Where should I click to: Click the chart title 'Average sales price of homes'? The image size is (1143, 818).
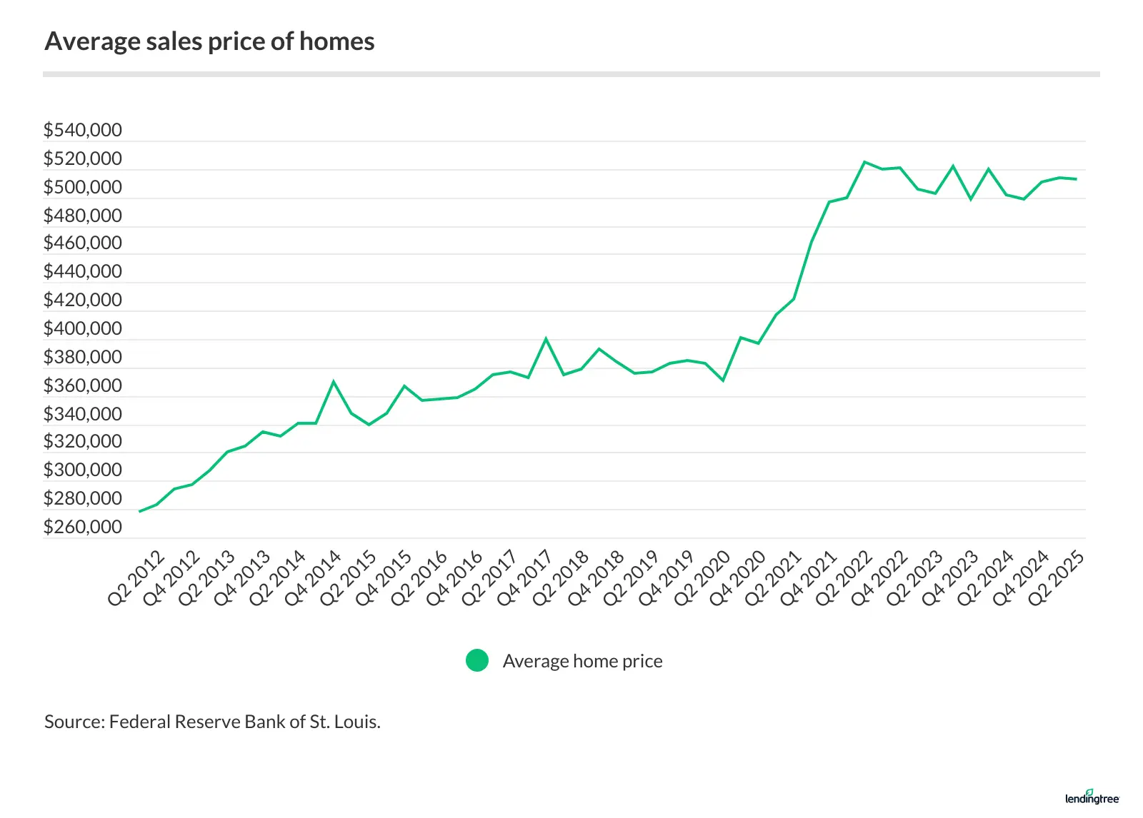click(x=209, y=41)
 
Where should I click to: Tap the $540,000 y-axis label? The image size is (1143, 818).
click(x=82, y=130)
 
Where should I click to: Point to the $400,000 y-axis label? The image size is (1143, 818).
click(x=82, y=328)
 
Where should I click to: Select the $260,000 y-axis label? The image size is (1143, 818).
click(x=82, y=527)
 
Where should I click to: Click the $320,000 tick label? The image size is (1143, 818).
click(x=82, y=441)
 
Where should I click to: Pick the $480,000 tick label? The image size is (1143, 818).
click(x=82, y=216)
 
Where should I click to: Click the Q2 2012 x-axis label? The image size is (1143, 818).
click(x=136, y=578)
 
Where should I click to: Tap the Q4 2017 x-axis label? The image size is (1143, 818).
click(x=525, y=578)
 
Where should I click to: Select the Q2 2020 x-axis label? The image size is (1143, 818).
click(x=702, y=578)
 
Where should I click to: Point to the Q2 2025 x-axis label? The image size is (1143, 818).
click(x=1057, y=578)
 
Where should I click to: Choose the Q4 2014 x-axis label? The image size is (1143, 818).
click(x=313, y=578)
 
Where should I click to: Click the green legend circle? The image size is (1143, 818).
click(x=477, y=661)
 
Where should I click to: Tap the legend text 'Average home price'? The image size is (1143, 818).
click(x=582, y=661)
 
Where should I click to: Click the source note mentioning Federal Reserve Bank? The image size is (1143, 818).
click(x=212, y=722)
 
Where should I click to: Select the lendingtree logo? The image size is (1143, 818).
click(x=1092, y=797)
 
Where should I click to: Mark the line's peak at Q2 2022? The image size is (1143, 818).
click(x=864, y=162)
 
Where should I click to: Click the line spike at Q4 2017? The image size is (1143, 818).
click(x=546, y=338)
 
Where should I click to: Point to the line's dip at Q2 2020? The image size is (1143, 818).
click(x=723, y=380)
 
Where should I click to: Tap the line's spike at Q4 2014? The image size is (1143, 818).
click(x=334, y=381)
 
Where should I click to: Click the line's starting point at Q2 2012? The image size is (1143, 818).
click(x=139, y=511)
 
